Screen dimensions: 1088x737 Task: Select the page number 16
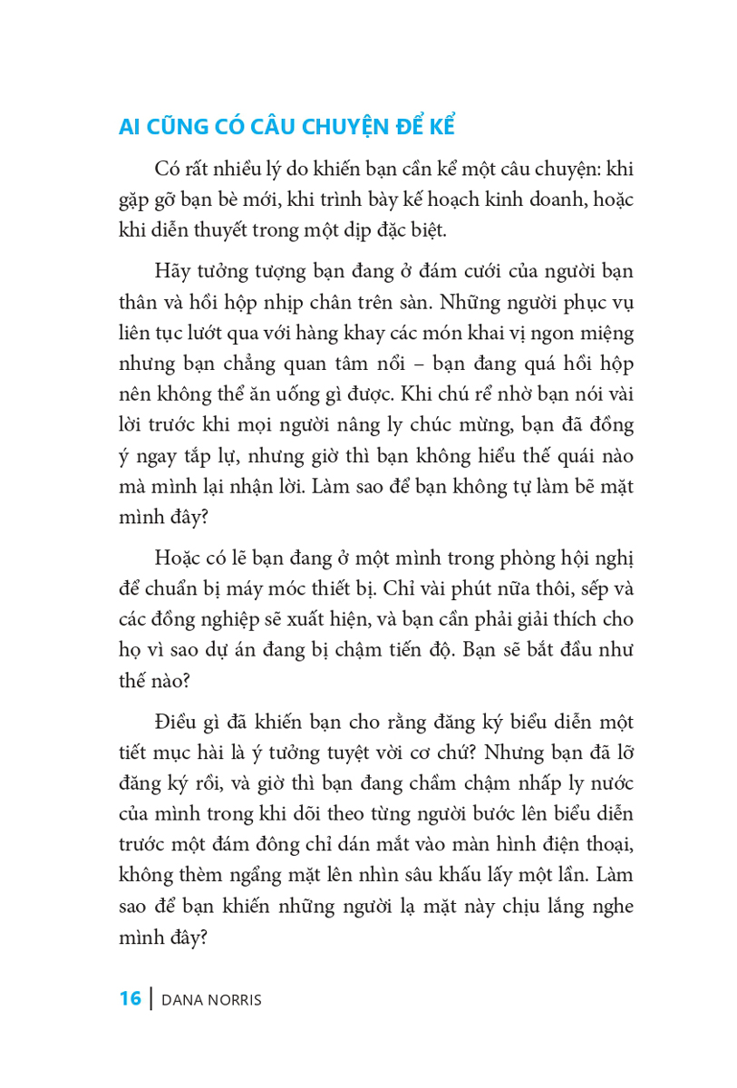coord(130,999)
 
